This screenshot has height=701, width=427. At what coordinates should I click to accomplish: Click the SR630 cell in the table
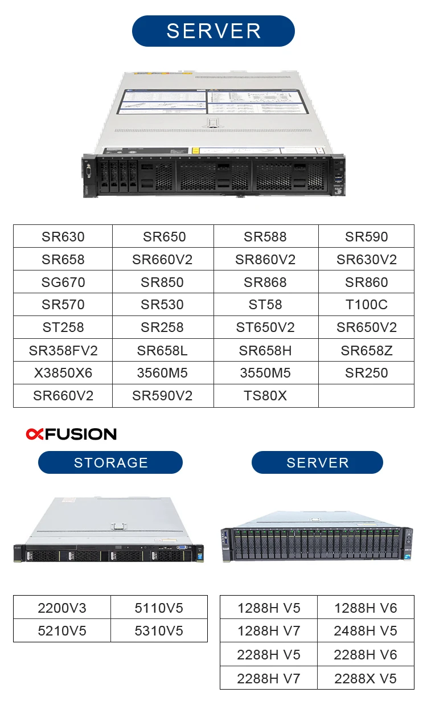click(63, 237)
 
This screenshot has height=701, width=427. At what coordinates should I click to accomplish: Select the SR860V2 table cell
click(265, 260)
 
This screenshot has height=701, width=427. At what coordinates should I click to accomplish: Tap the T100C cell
click(366, 305)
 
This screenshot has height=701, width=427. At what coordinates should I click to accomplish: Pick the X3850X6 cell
click(63, 373)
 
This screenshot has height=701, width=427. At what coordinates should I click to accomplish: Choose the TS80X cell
click(265, 396)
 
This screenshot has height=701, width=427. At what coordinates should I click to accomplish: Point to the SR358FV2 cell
click(63, 350)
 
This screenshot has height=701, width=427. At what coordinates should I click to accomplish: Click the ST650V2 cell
click(265, 327)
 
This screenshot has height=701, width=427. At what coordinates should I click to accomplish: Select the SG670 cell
click(63, 282)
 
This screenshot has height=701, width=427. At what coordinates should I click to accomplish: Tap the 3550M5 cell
click(265, 373)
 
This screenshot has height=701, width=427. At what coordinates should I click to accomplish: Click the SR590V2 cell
click(162, 396)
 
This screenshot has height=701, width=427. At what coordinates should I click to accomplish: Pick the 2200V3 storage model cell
click(61, 608)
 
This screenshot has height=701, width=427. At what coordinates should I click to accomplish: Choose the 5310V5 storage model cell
click(159, 631)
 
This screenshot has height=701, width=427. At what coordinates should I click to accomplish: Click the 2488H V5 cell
click(365, 631)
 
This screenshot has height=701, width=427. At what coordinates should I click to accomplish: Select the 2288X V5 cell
click(365, 678)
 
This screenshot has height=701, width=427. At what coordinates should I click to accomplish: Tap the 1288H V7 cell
click(268, 631)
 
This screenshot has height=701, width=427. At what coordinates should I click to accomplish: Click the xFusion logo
click(71, 434)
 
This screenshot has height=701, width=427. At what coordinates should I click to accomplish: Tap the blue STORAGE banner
click(110, 462)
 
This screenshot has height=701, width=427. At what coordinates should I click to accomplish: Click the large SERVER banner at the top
click(213, 31)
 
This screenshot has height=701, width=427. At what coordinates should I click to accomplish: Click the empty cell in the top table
click(366, 396)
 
